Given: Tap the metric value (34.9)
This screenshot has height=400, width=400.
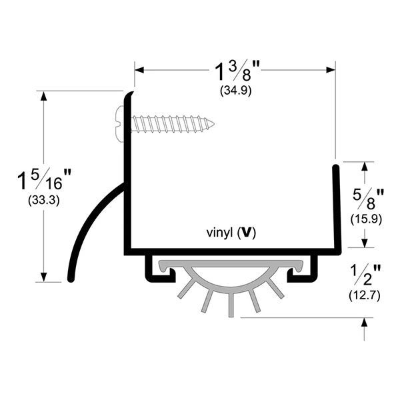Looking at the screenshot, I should (235, 92).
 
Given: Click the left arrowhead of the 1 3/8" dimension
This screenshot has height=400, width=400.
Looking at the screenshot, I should (139, 69).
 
